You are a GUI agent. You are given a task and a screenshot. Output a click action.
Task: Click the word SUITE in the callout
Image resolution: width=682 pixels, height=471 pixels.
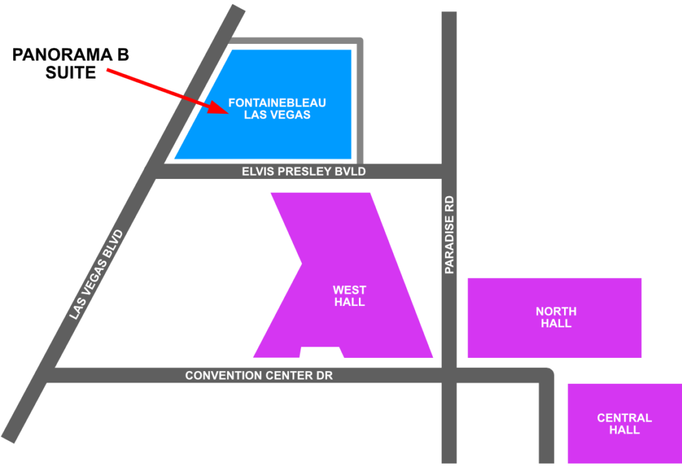(71, 73)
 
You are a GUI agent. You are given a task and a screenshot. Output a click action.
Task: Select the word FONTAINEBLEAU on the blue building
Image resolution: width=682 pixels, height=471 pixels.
(277, 103)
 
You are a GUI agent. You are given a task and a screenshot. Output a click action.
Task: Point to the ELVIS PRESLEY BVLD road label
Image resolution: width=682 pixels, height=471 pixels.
(304, 172)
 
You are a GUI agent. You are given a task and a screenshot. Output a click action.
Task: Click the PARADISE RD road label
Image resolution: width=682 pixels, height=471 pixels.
(450, 234)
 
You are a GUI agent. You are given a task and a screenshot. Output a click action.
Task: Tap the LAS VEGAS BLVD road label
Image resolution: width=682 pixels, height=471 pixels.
(97, 273)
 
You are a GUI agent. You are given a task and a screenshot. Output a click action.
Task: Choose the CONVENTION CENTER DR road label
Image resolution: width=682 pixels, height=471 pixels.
(259, 376)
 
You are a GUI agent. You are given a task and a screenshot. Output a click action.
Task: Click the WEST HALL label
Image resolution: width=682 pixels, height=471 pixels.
(350, 295)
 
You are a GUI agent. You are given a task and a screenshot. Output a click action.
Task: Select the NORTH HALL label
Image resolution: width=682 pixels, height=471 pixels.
(556, 317)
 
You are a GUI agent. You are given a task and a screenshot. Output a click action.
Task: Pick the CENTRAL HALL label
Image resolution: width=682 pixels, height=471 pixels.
(624, 424)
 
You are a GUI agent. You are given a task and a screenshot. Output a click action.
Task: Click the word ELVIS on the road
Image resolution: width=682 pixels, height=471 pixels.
(256, 172)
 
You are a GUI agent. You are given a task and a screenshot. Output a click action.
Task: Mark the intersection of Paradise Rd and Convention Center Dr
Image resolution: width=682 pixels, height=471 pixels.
(450, 376)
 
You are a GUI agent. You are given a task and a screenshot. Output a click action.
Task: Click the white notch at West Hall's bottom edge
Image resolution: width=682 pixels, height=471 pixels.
(322, 353)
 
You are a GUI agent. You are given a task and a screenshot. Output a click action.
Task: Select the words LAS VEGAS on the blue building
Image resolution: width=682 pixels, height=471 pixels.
(277, 114)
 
